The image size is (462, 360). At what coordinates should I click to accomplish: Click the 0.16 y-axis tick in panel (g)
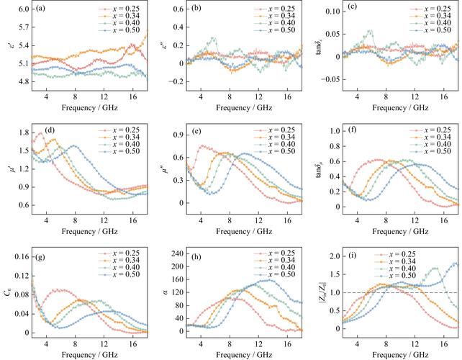tap(19, 256)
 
